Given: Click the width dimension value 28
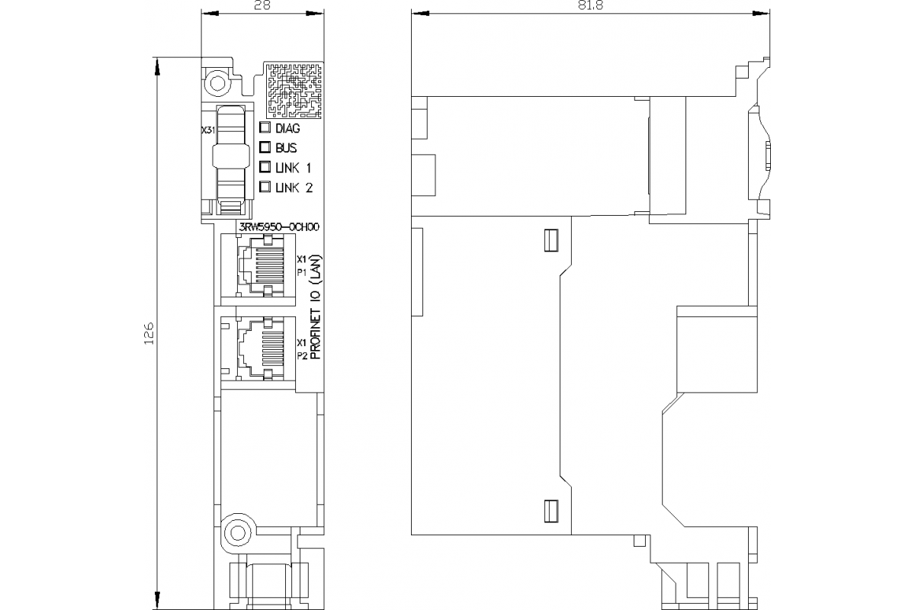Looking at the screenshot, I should pos(260,6).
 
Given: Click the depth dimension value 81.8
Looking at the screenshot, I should pos(588,6).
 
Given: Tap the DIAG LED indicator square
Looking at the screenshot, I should pos(265,128).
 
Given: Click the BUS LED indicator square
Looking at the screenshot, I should pos(265,147).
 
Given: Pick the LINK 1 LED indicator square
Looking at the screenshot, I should pos(265,167).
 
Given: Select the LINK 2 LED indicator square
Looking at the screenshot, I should pos(265,187).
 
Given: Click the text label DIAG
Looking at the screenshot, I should pos(287,129).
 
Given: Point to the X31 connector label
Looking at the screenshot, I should pos(207,131).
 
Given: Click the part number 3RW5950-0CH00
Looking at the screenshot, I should pos(279,226).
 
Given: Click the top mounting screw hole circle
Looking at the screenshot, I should pos(218,82).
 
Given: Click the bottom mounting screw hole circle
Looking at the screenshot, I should pos(237,531).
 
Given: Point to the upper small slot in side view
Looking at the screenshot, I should pos(549,240).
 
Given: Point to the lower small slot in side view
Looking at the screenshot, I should pos(549,511).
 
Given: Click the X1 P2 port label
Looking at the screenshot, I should pos(301,349).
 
